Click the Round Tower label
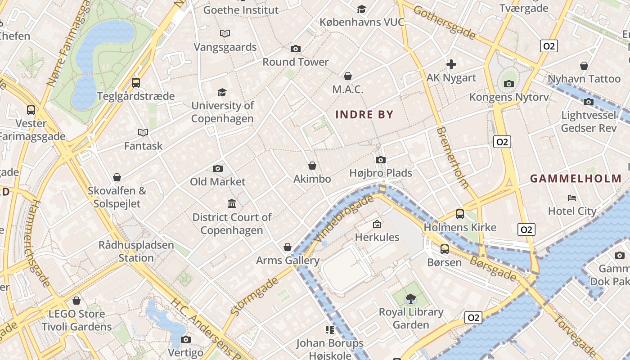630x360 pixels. pyautogui.click(x=296, y=62)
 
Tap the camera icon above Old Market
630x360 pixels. pyautogui.click(x=218, y=169)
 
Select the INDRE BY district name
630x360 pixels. pyautogui.click(x=364, y=115)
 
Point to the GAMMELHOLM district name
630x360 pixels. pyautogui.click(x=576, y=179)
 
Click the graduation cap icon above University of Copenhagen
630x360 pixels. pyautogui.click(x=222, y=93)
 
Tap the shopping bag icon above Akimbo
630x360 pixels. pyautogui.click(x=312, y=166)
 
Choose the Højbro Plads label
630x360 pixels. pyautogui.click(x=381, y=173)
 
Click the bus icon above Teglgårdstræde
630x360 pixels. pyautogui.click(x=135, y=83)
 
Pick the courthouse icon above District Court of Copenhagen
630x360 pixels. pyautogui.click(x=232, y=204)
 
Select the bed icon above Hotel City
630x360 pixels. pyautogui.click(x=571, y=198)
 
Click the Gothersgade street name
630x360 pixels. pyautogui.click(x=444, y=22)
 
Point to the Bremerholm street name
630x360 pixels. pyautogui.click(x=453, y=157)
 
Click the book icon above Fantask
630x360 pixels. pyautogui.click(x=143, y=133)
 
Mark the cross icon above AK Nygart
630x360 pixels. pyautogui.click(x=451, y=65)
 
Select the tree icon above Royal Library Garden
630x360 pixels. pyautogui.click(x=410, y=298)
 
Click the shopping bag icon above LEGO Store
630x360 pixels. pyautogui.click(x=76, y=301)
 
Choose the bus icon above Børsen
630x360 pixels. pyautogui.click(x=445, y=249)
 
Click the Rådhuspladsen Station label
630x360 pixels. pyautogui.click(x=136, y=252)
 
